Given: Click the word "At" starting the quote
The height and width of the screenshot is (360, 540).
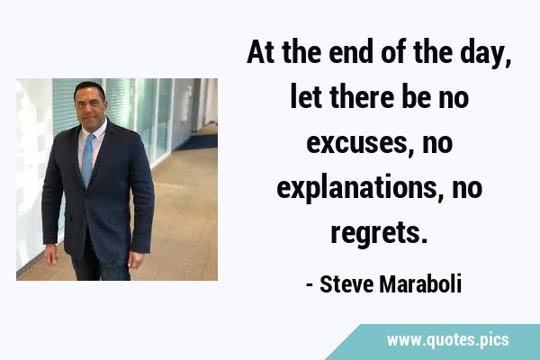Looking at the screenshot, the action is pyautogui.click(x=261, y=52).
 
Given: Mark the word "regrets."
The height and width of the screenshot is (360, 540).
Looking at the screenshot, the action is pyautogui.click(x=379, y=233).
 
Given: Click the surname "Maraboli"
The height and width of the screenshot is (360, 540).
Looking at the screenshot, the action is pyautogui.click(x=420, y=284).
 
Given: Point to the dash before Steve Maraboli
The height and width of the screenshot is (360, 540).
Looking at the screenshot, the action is pyautogui.click(x=310, y=285).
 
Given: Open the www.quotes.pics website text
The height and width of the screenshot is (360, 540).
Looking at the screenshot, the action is pyautogui.click(x=447, y=340).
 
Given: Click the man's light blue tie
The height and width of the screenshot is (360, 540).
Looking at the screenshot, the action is pyautogui.click(x=88, y=160).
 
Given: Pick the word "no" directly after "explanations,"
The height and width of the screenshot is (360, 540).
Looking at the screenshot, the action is pyautogui.click(x=467, y=188).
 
